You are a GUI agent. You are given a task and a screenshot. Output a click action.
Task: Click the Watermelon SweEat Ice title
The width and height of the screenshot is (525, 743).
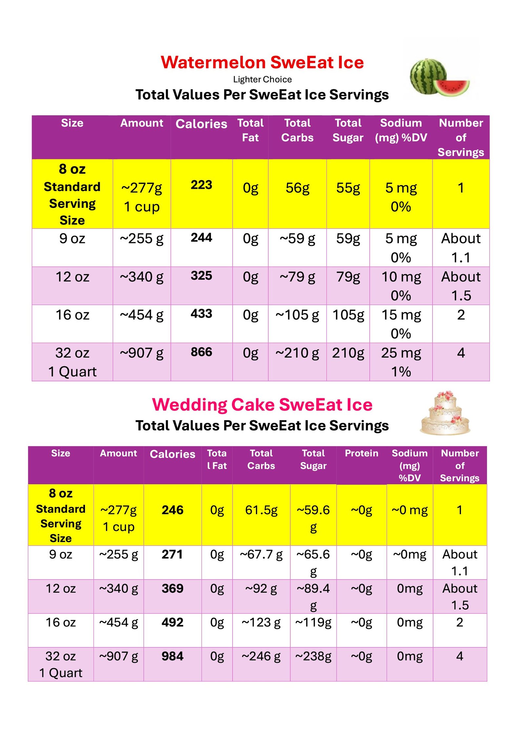tap(262, 62)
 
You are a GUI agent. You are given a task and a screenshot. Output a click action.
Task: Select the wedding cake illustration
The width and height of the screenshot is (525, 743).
tap(445, 413)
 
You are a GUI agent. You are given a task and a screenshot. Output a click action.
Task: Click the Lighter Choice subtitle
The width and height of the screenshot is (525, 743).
tap(262, 79)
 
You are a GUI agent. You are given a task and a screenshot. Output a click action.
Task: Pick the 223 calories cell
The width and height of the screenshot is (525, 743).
tap(201, 185)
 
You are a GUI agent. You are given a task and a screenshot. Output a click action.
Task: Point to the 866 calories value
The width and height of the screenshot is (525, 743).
tap(201, 352)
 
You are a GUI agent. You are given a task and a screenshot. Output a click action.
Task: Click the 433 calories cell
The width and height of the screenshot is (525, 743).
tap(201, 314)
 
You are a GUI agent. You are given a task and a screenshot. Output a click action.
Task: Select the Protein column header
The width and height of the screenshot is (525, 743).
tap(361, 453)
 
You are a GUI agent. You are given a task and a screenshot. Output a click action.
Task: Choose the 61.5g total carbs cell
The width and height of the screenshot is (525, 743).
tap(261, 510)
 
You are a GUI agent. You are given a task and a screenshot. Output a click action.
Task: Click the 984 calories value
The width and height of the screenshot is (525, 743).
tap(172, 656)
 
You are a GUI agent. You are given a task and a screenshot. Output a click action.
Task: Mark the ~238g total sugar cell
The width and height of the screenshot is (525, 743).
tap(313, 656)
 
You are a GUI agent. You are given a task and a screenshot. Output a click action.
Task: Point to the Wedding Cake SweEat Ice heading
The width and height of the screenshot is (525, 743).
tap(262, 404)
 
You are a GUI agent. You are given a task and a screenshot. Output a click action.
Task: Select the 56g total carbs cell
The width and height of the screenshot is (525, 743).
tap(297, 188)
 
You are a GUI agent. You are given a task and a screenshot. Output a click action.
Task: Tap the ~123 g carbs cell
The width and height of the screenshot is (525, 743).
tap(261, 622)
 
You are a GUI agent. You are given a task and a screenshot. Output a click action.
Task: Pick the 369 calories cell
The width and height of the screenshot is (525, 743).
tap(172, 588)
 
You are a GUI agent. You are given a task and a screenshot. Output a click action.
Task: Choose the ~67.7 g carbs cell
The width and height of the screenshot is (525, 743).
tap(261, 555)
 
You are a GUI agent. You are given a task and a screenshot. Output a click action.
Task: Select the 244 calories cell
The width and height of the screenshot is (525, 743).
tap(201, 238)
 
